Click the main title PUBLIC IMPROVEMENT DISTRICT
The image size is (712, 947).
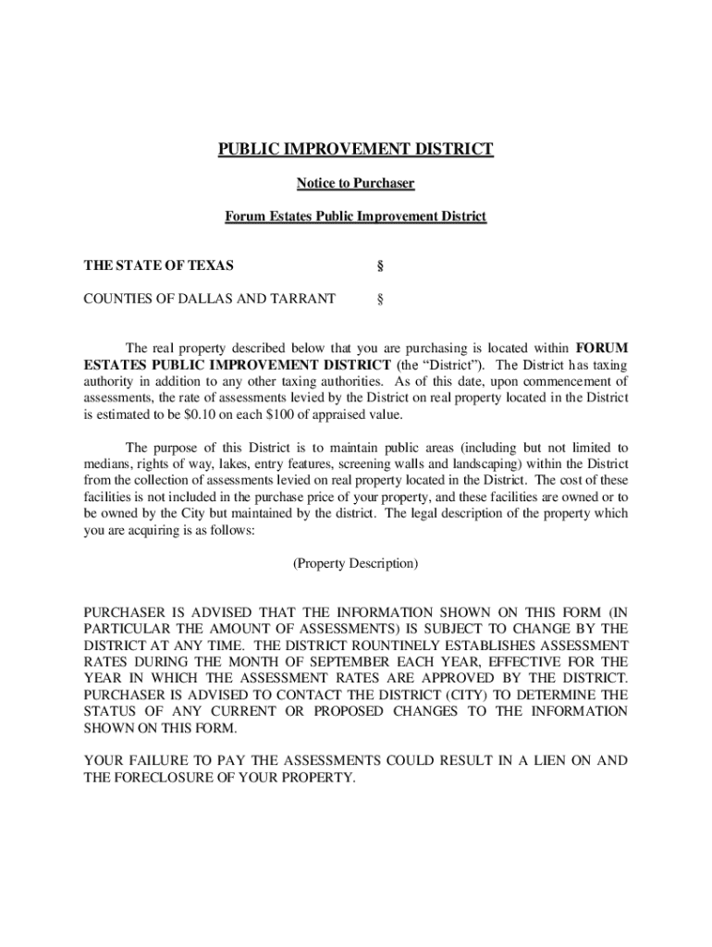[x=356, y=150]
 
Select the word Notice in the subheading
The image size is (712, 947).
[x=316, y=183]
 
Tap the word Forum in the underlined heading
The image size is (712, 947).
[x=244, y=216]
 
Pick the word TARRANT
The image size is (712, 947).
[x=302, y=299]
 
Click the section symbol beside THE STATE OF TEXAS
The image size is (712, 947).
[x=380, y=266]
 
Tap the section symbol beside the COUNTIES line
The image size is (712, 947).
[x=380, y=299]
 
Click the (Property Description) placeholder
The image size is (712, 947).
[x=356, y=562]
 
